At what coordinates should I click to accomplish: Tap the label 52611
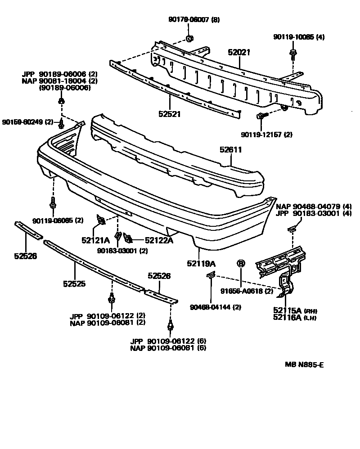point(231,149)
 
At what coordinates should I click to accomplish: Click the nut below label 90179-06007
point(189,37)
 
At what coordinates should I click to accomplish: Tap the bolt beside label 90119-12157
point(262,117)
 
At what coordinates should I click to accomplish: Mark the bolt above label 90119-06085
point(54,203)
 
